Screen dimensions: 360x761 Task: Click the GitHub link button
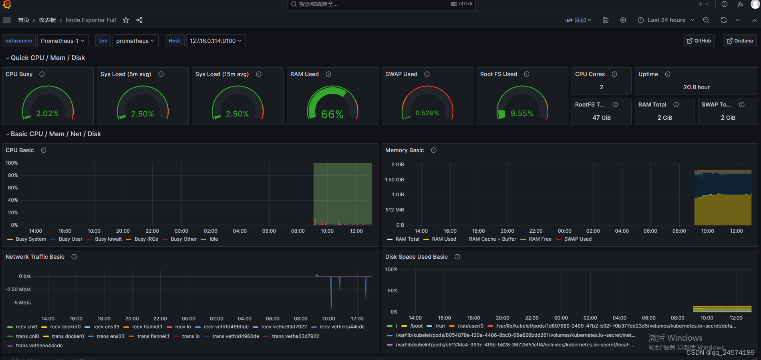point(699,41)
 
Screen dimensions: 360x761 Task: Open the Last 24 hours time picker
point(666,20)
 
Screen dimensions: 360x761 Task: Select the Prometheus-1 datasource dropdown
point(62,41)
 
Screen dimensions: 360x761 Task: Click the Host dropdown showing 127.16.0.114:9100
point(215,41)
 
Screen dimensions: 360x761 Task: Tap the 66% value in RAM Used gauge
point(332,115)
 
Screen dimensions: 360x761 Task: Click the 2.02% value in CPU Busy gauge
point(47,113)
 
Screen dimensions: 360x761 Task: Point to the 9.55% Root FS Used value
point(521,113)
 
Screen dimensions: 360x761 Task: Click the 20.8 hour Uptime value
point(696,87)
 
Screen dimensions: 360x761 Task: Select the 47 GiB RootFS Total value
point(601,118)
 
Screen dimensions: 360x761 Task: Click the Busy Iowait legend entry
point(108,239)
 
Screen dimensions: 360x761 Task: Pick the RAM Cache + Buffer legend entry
point(492,239)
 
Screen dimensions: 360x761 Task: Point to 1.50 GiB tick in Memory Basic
point(394,180)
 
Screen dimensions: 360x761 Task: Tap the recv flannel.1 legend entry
point(147,327)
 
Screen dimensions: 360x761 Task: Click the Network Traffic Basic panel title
point(35,257)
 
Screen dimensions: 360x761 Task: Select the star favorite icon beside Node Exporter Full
point(126,20)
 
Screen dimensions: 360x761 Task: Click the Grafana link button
point(739,41)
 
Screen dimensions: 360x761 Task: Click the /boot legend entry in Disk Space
point(416,326)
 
